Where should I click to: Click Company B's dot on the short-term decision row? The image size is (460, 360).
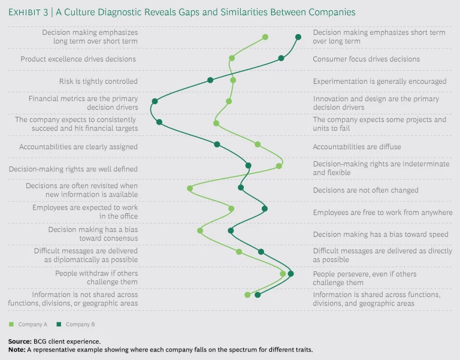pyautogui.click(x=298, y=37)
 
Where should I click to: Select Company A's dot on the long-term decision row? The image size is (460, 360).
pyautogui.click(x=265, y=37)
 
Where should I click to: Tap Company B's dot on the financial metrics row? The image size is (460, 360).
pyautogui.click(x=155, y=101)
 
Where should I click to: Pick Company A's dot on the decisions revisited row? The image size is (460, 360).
pyautogui.click(x=190, y=188)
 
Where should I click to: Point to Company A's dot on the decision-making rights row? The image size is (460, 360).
pyautogui.click(x=279, y=166)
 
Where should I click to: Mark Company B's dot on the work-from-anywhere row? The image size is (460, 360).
pyautogui.click(x=265, y=208)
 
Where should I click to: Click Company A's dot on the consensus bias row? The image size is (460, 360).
pyautogui.click(x=200, y=231)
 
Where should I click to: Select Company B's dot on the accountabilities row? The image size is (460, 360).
pyautogui.click(x=217, y=144)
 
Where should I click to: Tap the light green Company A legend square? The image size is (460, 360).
pyautogui.click(x=11, y=324)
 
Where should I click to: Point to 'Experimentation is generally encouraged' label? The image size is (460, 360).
pyautogui.click(x=380, y=81)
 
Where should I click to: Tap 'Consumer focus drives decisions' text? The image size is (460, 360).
pyautogui.click(x=367, y=59)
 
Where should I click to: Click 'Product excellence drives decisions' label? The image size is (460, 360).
pyautogui.click(x=78, y=59)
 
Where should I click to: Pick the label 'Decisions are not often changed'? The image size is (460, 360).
pyautogui.click(x=366, y=190)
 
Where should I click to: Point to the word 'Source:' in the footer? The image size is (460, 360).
pyautogui.click(x=20, y=340)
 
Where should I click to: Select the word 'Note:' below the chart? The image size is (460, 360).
pyautogui.click(x=17, y=349)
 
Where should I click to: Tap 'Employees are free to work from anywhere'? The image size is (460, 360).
pyautogui.click(x=383, y=213)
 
